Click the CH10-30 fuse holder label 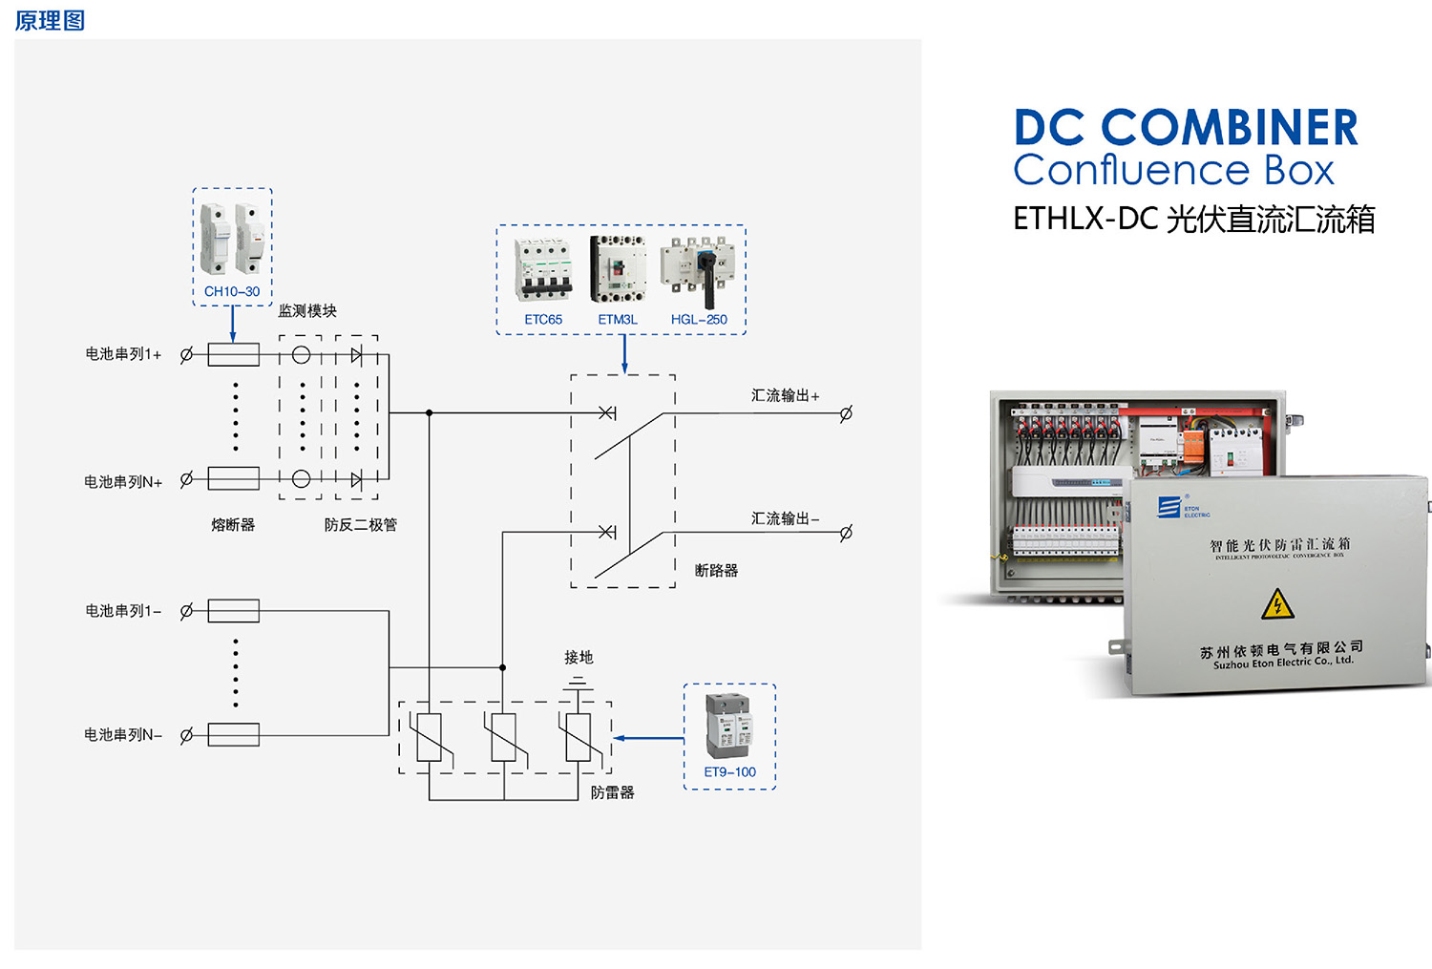click(x=232, y=291)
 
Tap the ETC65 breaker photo click(x=543, y=269)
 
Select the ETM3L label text click(x=618, y=320)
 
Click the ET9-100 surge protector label click(x=729, y=772)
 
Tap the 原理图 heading click(x=50, y=20)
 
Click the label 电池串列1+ click(x=123, y=354)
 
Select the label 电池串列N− click(x=123, y=735)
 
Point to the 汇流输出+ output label click(x=785, y=395)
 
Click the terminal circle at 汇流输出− click(x=846, y=533)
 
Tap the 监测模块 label click(x=307, y=311)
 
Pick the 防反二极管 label click(x=360, y=525)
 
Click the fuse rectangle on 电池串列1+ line click(x=233, y=355)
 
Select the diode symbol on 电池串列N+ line click(x=356, y=479)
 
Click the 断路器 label click(x=716, y=571)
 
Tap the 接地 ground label click(x=579, y=658)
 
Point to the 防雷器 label click(x=612, y=792)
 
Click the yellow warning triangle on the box click(x=1277, y=604)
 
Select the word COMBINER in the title click(x=1230, y=128)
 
